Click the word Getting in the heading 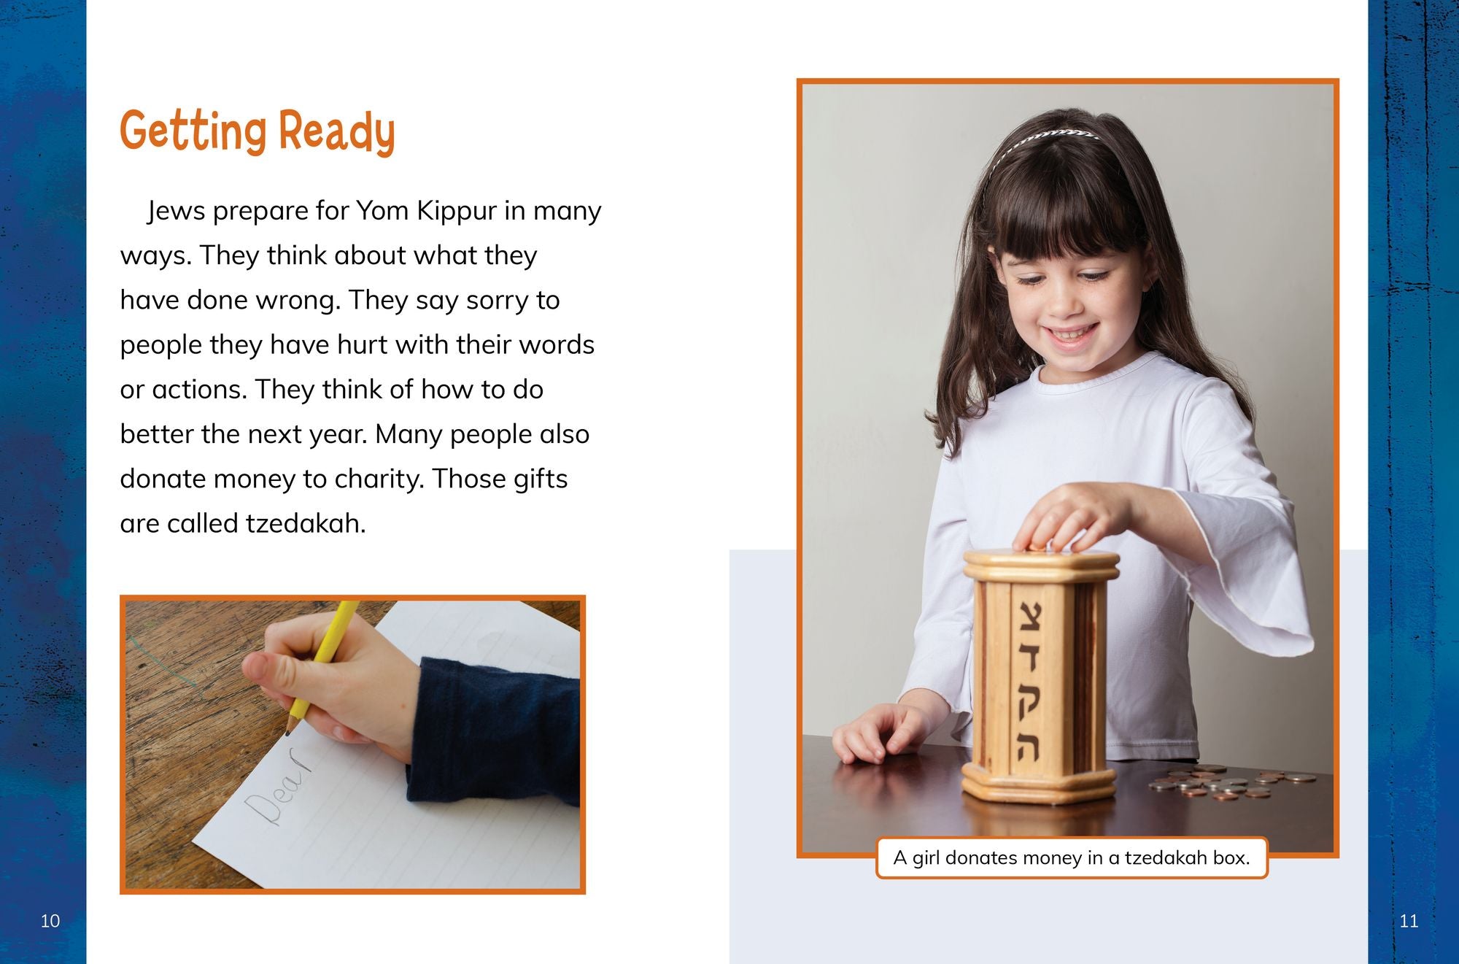coord(193,131)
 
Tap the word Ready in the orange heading coord(337,133)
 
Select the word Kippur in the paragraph coord(457,212)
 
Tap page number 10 coord(50,921)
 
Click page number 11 coord(1409,921)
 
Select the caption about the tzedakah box coord(1072,857)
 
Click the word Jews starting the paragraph coord(176,211)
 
